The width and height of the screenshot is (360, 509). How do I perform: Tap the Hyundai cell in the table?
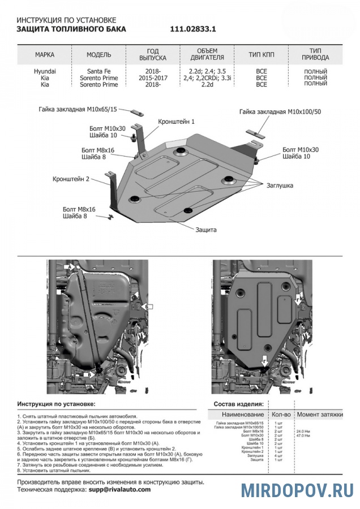(x=45, y=72)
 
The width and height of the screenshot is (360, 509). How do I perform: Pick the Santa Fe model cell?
(x=99, y=72)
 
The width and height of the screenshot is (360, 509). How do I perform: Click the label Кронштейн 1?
(x=177, y=122)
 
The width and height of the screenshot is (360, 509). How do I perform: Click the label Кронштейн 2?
(x=71, y=179)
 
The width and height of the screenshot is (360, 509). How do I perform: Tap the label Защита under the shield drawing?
(x=206, y=230)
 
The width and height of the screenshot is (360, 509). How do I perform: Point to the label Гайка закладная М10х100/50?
(x=280, y=112)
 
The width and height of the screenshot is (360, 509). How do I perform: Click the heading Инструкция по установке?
(x=56, y=404)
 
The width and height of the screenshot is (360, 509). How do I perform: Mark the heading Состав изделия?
(x=238, y=404)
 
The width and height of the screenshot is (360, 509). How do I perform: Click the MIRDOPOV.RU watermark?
(x=297, y=490)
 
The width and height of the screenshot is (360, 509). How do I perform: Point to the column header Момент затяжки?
(x=320, y=415)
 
